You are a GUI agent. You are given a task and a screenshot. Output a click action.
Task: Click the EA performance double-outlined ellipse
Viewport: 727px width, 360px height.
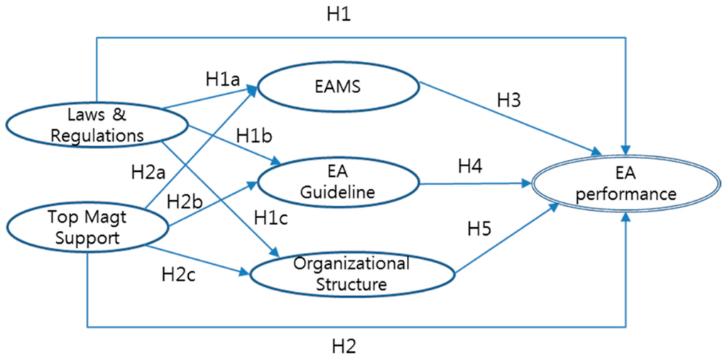pos(625,183)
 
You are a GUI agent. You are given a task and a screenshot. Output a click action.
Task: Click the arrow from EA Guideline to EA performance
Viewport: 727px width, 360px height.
pos(476,183)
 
